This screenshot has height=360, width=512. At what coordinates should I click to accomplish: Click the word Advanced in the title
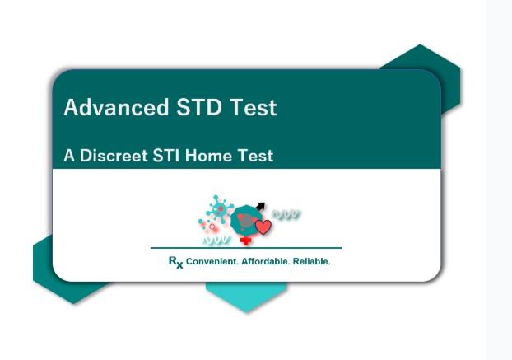pyautogui.click(x=116, y=107)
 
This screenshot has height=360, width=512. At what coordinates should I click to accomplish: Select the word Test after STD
pyautogui.click(x=253, y=107)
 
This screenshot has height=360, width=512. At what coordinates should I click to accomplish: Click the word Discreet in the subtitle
pyautogui.click(x=114, y=156)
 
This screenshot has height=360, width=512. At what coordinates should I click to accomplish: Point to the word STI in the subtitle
pyautogui.click(x=166, y=156)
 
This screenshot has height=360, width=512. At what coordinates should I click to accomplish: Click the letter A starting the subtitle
pyautogui.click(x=69, y=156)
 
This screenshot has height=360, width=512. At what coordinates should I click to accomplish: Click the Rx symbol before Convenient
pyautogui.click(x=175, y=262)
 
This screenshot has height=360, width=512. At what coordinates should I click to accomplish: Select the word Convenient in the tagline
pyautogui.click(x=212, y=262)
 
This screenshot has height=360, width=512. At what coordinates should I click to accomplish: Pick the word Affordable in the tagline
pyautogui.click(x=265, y=262)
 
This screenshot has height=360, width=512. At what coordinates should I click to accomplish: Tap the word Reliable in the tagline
pyautogui.click(x=311, y=262)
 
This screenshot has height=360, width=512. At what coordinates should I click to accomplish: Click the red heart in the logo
pyautogui.click(x=263, y=227)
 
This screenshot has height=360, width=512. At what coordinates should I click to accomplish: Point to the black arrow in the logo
pyautogui.click(x=260, y=207)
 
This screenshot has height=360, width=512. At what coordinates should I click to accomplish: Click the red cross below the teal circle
pyautogui.click(x=246, y=241)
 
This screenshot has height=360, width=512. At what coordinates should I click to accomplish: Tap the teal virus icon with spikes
pyautogui.click(x=220, y=209)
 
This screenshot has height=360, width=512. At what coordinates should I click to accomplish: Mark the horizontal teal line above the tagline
pyautogui.click(x=246, y=248)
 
